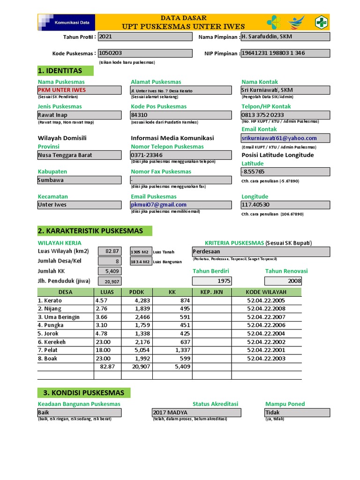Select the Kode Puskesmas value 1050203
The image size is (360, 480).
[144, 53]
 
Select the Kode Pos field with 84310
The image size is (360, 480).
[180, 115]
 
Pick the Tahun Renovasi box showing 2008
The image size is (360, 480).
[283, 281]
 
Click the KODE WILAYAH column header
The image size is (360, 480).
[266, 292]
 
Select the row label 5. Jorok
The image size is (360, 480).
[49, 334]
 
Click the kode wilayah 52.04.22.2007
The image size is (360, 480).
[266, 317]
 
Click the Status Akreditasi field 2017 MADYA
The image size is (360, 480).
[196, 412]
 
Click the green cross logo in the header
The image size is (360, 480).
[322, 22]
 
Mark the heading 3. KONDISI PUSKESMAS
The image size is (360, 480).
[84, 393]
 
